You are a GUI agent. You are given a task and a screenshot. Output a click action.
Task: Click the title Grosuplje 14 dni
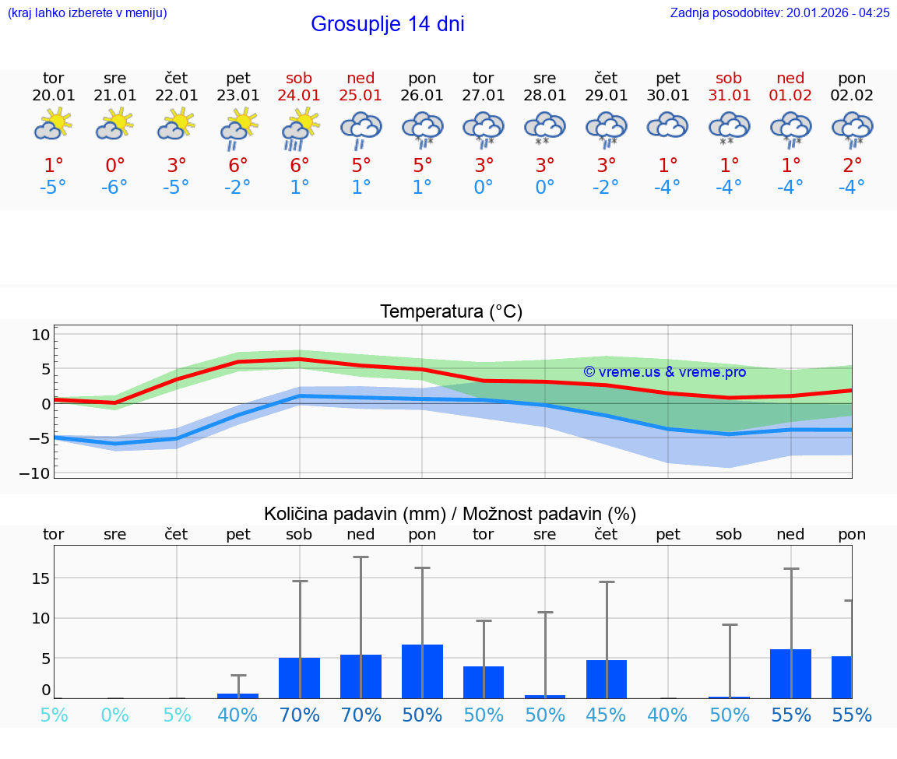[387, 24]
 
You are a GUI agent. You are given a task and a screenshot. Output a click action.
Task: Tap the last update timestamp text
[779, 12]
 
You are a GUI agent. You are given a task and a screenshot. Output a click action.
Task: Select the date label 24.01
[299, 96]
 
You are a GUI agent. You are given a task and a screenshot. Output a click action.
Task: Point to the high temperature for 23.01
[238, 166]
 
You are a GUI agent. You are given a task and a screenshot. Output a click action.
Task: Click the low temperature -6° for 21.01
[114, 188]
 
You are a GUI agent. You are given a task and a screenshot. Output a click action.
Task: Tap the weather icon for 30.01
[667, 125]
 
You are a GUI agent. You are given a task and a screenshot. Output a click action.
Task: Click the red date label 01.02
[790, 96]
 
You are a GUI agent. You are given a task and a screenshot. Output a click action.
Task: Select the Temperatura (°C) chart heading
[451, 312]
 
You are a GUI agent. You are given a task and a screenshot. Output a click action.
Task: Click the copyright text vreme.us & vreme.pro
[664, 372]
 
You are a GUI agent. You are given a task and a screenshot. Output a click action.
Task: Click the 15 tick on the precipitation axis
[40, 578]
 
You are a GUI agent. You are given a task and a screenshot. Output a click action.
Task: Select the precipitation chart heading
[450, 514]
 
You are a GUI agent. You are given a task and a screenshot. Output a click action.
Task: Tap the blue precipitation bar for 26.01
[422, 671]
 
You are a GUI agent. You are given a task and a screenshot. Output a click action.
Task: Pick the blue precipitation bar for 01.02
[790, 673]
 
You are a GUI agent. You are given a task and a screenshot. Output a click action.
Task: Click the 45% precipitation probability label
[607, 715]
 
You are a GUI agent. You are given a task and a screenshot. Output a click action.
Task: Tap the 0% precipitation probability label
[114, 715]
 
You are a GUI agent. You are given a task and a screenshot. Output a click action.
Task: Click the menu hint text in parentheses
[87, 12]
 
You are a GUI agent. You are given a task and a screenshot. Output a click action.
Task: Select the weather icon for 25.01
[361, 128]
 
